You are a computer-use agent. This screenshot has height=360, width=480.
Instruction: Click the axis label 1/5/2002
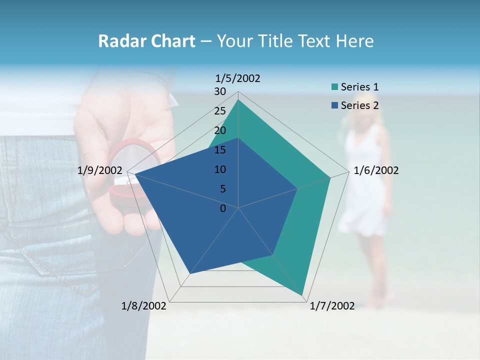click(x=238, y=78)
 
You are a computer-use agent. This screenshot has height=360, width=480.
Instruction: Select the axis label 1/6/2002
click(x=376, y=170)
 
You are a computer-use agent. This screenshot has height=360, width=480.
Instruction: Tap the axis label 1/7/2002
click(x=332, y=306)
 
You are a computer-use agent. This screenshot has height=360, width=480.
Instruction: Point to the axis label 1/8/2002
click(x=143, y=306)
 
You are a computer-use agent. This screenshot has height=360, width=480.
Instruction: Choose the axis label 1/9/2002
click(x=100, y=170)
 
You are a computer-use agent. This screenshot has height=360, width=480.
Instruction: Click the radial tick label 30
click(x=220, y=91)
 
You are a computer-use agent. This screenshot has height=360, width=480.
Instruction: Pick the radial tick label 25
click(x=220, y=111)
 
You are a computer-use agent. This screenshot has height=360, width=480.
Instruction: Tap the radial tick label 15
click(x=220, y=150)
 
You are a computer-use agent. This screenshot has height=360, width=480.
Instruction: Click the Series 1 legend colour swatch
click(x=334, y=87)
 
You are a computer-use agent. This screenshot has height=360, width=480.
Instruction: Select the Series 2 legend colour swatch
click(x=334, y=105)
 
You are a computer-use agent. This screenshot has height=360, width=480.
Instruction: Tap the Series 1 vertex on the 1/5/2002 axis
click(x=238, y=100)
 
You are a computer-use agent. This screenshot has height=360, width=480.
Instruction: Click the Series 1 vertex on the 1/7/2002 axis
click(x=302, y=295)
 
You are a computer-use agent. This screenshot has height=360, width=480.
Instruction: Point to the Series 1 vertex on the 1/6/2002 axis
click(x=330, y=177)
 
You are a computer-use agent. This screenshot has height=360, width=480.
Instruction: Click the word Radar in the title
click(x=122, y=41)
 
